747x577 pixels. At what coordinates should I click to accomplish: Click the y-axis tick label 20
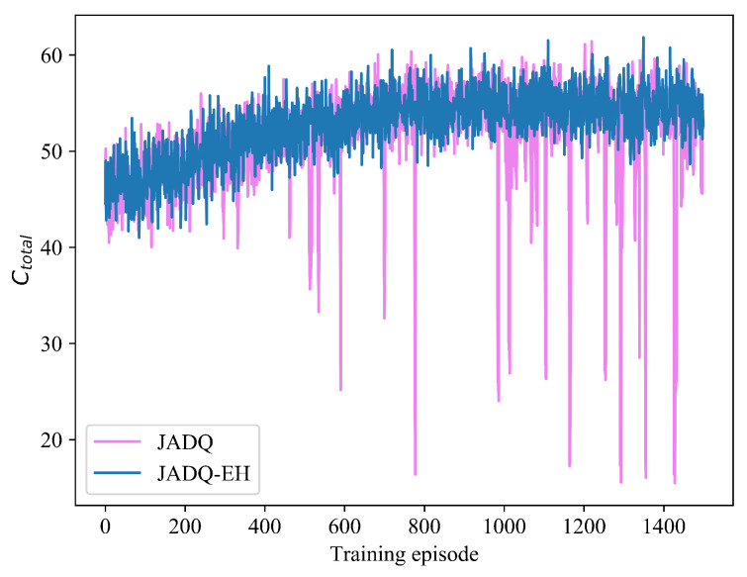click(x=55, y=439)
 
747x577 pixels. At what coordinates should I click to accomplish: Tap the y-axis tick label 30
click(x=55, y=343)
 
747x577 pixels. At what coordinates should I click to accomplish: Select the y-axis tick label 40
click(x=55, y=247)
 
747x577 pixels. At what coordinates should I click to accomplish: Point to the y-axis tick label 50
click(x=55, y=151)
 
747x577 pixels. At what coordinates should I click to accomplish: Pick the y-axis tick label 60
click(x=55, y=55)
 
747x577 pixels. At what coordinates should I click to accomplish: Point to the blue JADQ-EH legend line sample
click(x=117, y=476)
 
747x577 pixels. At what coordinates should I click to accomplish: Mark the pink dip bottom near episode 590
click(x=340, y=390)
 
